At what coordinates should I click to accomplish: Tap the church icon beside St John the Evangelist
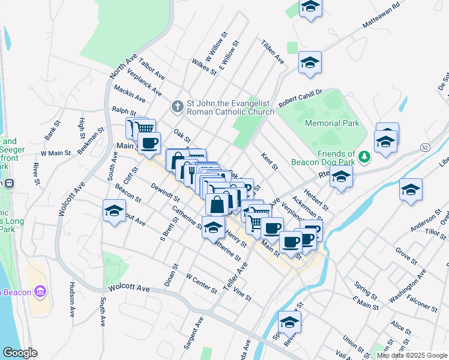click(177, 107)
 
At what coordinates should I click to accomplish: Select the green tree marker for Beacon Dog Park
click(364, 157)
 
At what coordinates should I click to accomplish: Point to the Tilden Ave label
click(272, 52)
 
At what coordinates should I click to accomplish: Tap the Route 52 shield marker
click(425, 147)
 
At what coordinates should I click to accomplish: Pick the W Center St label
click(201, 284)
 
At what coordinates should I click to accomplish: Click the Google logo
click(20, 353)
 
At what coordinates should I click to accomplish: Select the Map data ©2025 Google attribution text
click(412, 355)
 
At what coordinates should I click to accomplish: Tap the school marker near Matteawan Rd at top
click(310, 7)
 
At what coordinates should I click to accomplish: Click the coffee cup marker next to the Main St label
click(149, 143)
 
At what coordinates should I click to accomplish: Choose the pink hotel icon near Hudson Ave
click(41, 292)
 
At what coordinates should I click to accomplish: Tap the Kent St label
click(270, 161)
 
